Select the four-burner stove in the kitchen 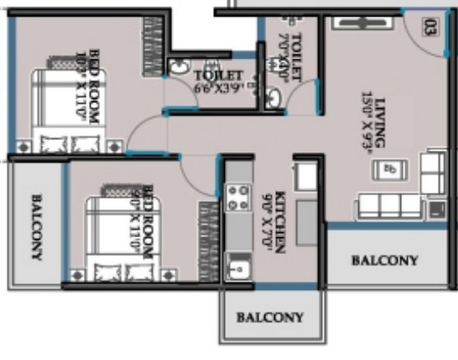coord(239,198)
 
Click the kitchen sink coord(239,268)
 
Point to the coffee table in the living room coord(388,170)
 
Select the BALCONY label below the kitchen coord(270,317)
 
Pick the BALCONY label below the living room coord(385,261)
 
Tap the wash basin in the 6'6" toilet coord(178,68)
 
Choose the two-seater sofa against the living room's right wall coord(432,173)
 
